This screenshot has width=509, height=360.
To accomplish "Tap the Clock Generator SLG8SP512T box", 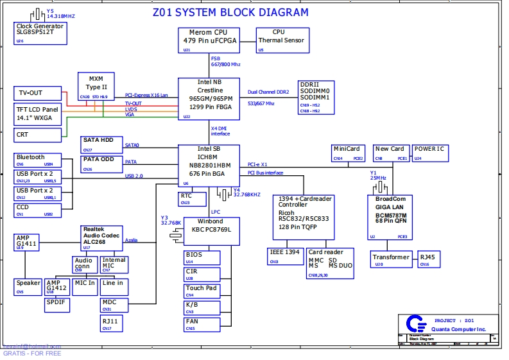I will pyautogui.click(x=40, y=33).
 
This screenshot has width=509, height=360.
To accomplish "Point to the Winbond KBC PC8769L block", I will pyautogui.click(x=212, y=232).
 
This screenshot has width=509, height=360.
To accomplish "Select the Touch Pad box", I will pyautogui.click(x=201, y=291).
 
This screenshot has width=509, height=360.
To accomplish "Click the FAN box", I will pyautogui.click(x=201, y=324).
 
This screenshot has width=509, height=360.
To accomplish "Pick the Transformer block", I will pyautogui.click(x=390, y=259).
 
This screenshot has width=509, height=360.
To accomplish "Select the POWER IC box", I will pyautogui.click(x=430, y=153).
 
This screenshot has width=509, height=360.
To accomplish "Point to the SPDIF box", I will pyautogui.click(x=58, y=305).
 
